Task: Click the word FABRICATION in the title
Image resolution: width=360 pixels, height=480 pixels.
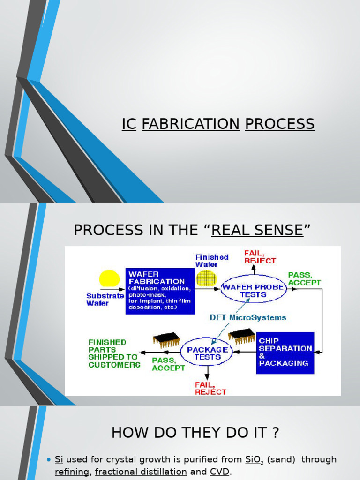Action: pos(190,124)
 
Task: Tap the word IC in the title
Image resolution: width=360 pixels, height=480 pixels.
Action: pos(129,124)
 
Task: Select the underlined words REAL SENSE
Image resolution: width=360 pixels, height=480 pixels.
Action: pos(257,230)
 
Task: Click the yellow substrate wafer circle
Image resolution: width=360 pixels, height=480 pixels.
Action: pos(109,279)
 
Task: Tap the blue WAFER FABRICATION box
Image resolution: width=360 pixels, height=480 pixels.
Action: pos(160,291)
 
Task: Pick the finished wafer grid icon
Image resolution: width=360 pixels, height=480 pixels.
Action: pos(206,277)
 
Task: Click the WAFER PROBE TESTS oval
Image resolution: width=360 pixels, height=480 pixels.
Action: pos(253,291)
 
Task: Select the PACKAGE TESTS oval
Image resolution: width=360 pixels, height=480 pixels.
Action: pos(207,353)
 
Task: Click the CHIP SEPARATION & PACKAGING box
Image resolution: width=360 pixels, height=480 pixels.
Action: pos(285,352)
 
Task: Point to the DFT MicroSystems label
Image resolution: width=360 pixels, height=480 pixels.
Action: pos(248,317)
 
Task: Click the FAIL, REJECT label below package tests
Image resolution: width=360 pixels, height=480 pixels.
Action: pos(210,388)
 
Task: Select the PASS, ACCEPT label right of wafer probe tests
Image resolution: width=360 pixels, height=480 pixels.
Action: pos(304,278)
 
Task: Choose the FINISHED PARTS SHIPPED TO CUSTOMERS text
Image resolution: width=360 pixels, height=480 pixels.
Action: pos(114,353)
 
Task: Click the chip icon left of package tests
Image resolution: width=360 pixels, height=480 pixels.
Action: pos(166,339)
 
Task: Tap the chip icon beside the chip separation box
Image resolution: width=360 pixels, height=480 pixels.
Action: pos(241,335)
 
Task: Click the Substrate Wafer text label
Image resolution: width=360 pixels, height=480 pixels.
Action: pos(105,300)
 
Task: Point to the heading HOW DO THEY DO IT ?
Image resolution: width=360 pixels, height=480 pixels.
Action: pos(195,432)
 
